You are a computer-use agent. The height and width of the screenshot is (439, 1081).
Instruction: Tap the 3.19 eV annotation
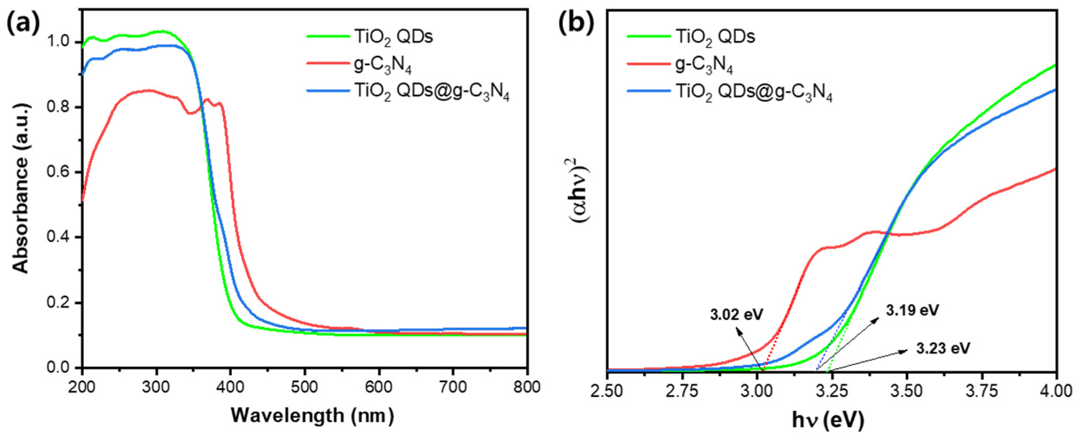[912, 310]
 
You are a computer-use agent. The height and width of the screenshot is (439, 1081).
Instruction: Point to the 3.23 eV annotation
[943, 348]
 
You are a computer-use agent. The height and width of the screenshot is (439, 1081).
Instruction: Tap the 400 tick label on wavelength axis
[230, 387]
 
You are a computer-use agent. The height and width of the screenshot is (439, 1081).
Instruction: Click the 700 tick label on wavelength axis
[453, 387]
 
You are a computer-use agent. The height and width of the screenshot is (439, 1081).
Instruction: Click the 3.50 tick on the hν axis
[907, 391]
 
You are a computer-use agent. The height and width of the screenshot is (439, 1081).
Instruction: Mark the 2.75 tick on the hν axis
[682, 391]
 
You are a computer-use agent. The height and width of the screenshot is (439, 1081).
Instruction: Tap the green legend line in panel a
[328, 37]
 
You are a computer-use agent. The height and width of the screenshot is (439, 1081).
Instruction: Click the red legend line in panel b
[648, 64]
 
